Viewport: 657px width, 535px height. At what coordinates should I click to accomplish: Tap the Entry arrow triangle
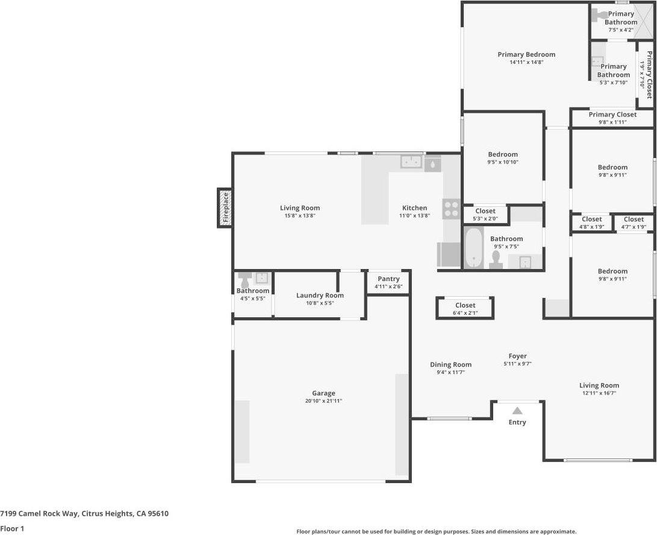coord(517,411)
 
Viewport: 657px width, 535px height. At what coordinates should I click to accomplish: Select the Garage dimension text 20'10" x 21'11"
coord(323,401)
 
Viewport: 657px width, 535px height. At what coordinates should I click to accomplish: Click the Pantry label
coord(388,279)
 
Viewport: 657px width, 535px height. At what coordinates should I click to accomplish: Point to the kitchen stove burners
coord(451,209)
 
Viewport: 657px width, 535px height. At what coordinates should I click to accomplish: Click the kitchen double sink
coord(412,162)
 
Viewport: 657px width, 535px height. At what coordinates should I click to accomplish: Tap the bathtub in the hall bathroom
coord(474,247)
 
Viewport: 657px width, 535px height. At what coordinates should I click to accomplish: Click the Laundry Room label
coord(320,296)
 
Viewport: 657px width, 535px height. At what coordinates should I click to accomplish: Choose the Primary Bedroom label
coord(526,54)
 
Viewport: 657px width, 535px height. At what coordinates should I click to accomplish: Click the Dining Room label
coord(450,364)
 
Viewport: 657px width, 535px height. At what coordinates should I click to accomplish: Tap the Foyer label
coord(517,356)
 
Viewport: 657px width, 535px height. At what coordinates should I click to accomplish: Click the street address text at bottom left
coord(84,514)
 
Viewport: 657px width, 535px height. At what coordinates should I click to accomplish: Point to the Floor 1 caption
coord(12,528)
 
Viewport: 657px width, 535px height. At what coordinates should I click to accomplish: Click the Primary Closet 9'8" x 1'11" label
coord(612,115)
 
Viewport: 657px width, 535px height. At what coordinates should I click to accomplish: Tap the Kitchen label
coord(414,208)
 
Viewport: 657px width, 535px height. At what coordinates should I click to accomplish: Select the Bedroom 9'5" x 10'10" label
coord(503,154)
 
